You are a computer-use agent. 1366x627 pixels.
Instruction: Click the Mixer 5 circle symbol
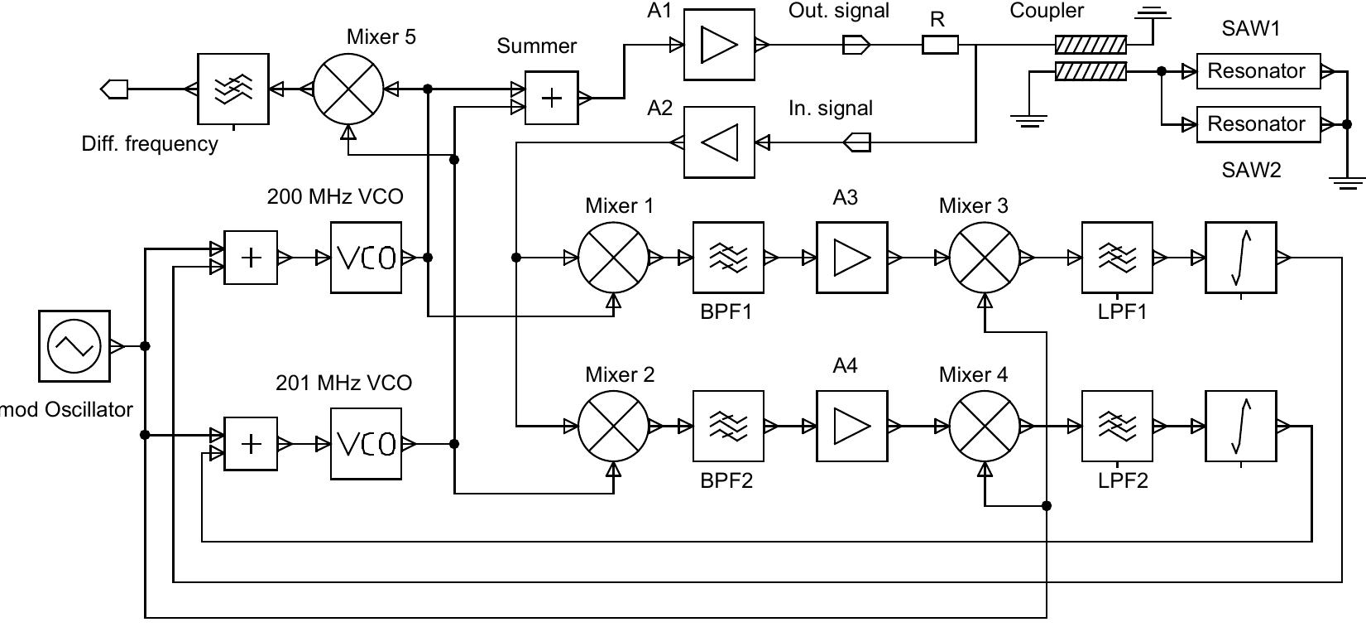coord(348,89)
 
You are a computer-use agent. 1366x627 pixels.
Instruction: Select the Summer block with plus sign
coord(551,98)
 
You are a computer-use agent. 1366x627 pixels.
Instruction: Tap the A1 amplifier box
coord(719,45)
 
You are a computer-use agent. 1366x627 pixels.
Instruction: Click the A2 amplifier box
coord(719,142)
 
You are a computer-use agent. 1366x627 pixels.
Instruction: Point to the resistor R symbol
coord(940,45)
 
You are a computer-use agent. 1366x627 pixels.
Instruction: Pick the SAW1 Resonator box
coord(1257,71)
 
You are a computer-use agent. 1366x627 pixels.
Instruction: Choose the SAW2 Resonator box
coord(1257,124)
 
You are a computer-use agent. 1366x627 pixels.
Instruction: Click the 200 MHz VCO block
coord(366,258)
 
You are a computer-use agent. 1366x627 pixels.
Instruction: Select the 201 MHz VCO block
coord(366,444)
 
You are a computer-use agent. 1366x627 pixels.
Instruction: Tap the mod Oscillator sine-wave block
coord(74,346)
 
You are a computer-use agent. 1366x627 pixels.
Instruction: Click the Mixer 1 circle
coord(613,258)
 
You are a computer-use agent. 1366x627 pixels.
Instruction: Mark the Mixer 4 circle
coord(984,427)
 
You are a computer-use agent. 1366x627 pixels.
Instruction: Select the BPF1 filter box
coord(728,258)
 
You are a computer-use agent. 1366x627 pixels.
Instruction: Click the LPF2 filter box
coord(1117,427)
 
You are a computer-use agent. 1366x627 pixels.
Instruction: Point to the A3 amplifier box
coord(851,258)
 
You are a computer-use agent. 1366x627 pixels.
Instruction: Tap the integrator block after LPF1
coord(1240,258)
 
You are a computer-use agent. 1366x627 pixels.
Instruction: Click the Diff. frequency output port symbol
coord(114,89)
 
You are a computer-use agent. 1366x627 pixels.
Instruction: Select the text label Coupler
coord(1047,12)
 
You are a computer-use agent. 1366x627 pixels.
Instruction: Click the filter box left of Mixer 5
coord(233,89)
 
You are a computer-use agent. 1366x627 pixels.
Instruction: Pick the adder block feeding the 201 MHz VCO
coord(250,444)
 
